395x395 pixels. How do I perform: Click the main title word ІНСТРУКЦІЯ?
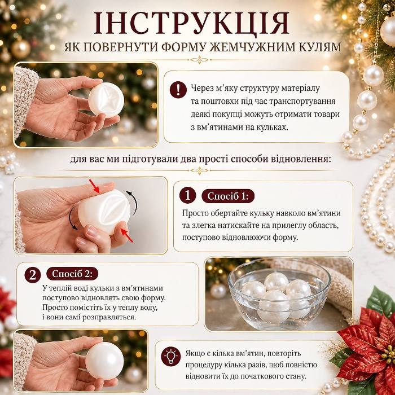click(x=191, y=23)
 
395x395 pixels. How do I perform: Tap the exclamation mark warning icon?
click(x=178, y=90)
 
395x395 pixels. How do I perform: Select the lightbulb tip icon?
click(x=171, y=357)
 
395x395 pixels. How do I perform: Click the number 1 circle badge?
click(x=188, y=195)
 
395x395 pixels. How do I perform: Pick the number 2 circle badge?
click(x=33, y=274)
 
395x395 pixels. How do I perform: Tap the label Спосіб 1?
click(x=228, y=196)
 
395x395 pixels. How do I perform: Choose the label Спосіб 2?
click(x=72, y=274)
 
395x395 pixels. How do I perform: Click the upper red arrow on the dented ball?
click(x=95, y=186)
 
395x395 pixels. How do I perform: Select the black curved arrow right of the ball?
click(x=133, y=203)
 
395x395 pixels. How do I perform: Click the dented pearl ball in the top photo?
click(x=106, y=99)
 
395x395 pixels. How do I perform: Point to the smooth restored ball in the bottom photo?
click(x=104, y=361)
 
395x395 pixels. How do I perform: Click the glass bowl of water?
click(x=279, y=297)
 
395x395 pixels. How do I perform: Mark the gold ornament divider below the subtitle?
click(x=199, y=60)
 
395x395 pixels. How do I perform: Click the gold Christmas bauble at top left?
click(x=21, y=49)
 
